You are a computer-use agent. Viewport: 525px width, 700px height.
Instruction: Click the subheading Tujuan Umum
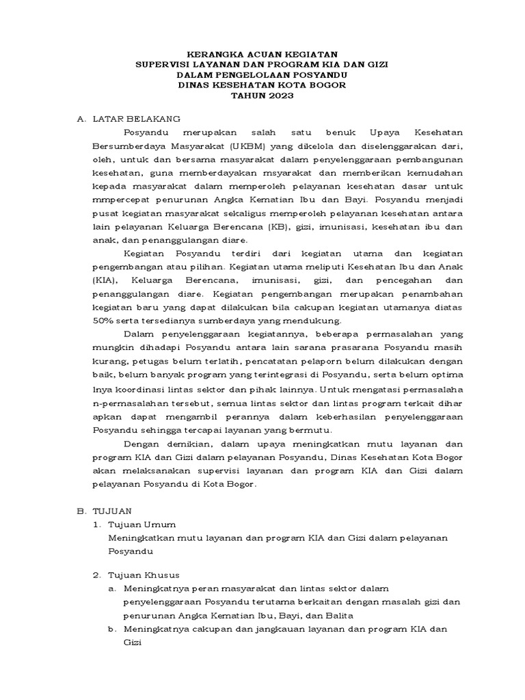[x=143, y=524]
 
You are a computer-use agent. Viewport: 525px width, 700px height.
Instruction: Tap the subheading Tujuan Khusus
[x=145, y=575]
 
